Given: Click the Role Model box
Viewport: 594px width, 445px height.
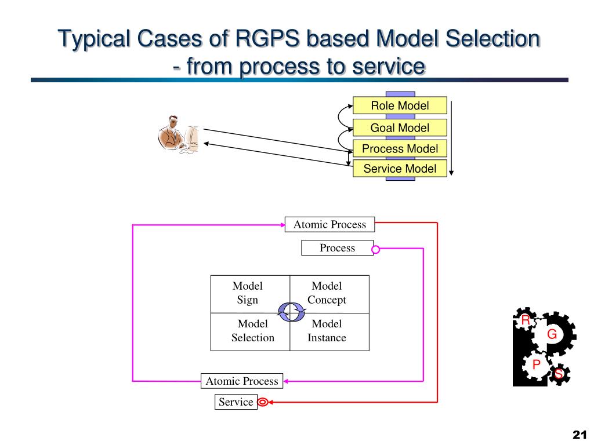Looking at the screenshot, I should point(400,105).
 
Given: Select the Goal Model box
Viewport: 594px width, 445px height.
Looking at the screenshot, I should point(400,127).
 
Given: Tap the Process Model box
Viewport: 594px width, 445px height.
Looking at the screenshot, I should point(400,148).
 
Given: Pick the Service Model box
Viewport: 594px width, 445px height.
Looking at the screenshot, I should point(400,169).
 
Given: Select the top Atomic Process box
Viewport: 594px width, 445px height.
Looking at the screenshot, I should point(329,224).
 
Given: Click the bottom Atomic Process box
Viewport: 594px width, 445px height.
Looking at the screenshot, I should point(242,381).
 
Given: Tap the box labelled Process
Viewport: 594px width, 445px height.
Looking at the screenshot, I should point(336,248).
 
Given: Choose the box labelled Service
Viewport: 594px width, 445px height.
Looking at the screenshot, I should point(236,402).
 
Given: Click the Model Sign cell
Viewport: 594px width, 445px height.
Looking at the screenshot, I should point(248,293).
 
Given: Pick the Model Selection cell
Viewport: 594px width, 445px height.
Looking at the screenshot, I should point(252,331).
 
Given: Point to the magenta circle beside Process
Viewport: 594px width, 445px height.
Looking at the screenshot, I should point(375,250).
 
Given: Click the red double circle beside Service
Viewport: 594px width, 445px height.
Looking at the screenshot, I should point(262,402).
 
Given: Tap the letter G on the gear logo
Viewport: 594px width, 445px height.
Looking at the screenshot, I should point(552,334).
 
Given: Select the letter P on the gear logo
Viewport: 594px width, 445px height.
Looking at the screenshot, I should point(537,364).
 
